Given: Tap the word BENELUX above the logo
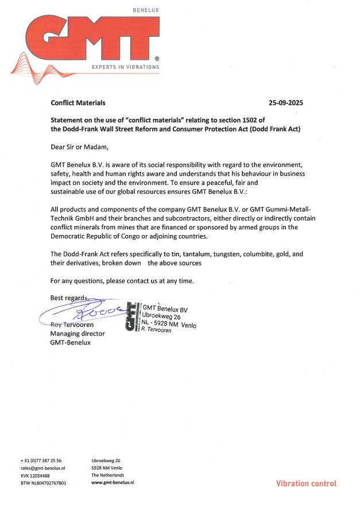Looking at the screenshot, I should [x=145, y=10].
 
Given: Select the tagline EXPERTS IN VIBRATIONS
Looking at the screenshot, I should [x=126, y=67].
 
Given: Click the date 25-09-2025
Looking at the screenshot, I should [x=285, y=103].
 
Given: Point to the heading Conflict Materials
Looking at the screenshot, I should [x=78, y=103].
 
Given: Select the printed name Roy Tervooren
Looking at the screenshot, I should [x=72, y=325].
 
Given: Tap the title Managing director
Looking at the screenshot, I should [x=78, y=334].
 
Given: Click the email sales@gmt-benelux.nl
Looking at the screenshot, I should [x=43, y=468].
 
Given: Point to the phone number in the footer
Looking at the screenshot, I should [x=41, y=460].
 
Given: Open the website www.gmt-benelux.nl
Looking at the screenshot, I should [x=113, y=483].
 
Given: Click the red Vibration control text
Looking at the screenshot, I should [x=306, y=483].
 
